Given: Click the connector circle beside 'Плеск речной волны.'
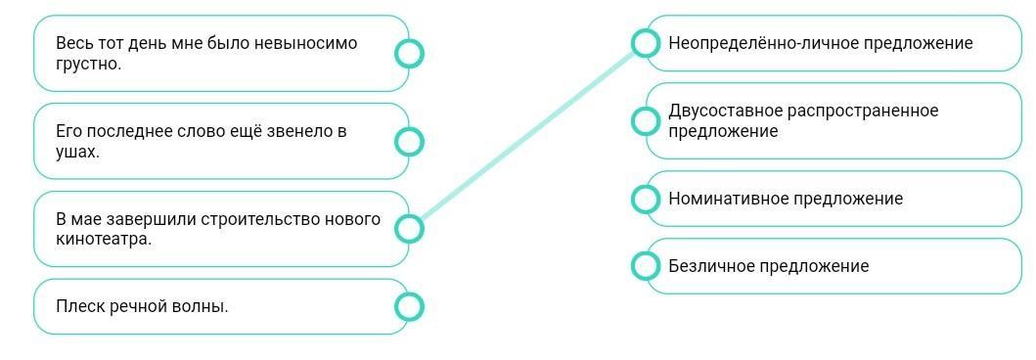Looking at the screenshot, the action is coord(409,306).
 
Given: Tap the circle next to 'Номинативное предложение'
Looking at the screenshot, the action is coord(645,199).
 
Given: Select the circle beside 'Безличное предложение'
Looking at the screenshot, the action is coord(645,265).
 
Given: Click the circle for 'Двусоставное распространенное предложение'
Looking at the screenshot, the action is coord(645,120).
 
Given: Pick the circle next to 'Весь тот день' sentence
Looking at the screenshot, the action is coord(409,54).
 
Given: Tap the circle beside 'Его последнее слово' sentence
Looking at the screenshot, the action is coord(409,141).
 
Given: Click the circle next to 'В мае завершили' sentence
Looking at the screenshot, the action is coord(409,229).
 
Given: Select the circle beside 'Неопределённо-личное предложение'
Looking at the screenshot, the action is coord(645,43).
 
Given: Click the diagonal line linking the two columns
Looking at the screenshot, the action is coord(527,135).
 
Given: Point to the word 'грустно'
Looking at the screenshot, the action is coord(86,65).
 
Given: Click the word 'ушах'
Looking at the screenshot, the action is coord(75,152).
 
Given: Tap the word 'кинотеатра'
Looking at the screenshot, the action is coord(102,240).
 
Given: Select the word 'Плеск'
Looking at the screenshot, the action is coord(76,306).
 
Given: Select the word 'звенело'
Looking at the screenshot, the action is coord(302,131).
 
